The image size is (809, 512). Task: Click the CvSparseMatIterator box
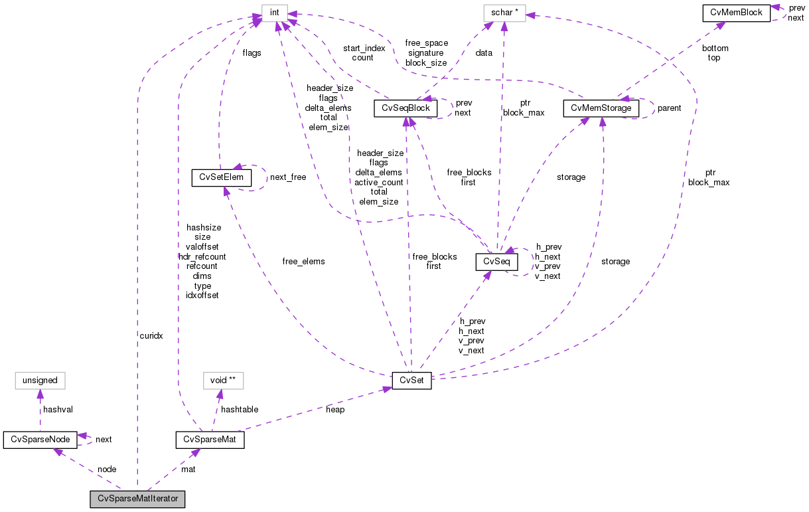(x=138, y=499)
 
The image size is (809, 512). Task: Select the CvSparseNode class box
(x=40, y=440)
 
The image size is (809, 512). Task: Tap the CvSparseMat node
(x=210, y=440)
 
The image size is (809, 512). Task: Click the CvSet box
(x=411, y=381)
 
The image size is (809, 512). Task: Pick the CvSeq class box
(x=496, y=262)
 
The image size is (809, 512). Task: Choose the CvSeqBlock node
(x=407, y=108)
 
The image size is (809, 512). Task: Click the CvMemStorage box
(x=601, y=108)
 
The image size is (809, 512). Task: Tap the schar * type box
(x=504, y=12)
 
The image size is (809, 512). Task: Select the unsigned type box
(x=40, y=381)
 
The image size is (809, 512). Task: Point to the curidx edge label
(x=151, y=336)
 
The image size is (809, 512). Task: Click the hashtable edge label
(x=240, y=410)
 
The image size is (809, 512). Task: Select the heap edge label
(x=335, y=410)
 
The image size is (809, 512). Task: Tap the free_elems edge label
(x=303, y=262)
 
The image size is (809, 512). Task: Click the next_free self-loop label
(x=288, y=177)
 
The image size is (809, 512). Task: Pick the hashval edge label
(x=58, y=410)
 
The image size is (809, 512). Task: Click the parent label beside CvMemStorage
(x=669, y=108)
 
